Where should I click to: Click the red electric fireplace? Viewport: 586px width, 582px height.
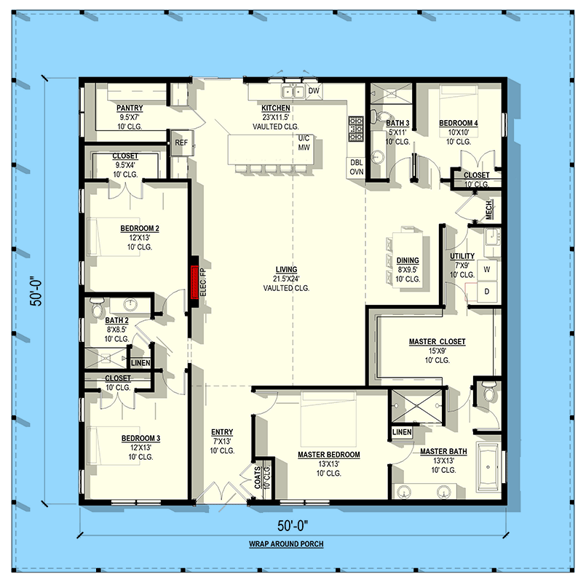(x=194, y=282)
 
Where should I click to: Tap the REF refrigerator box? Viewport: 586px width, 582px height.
(x=181, y=143)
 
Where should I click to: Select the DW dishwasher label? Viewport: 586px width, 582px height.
(x=314, y=90)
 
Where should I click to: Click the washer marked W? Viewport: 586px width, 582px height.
(x=486, y=270)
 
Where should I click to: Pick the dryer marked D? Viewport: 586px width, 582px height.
(x=486, y=292)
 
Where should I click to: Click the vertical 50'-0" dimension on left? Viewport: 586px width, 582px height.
(x=34, y=291)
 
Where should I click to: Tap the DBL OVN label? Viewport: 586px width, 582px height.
(x=357, y=167)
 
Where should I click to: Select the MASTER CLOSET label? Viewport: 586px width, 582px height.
(x=437, y=341)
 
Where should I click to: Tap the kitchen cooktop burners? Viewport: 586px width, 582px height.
(x=356, y=129)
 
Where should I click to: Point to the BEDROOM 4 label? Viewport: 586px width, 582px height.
(x=459, y=123)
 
